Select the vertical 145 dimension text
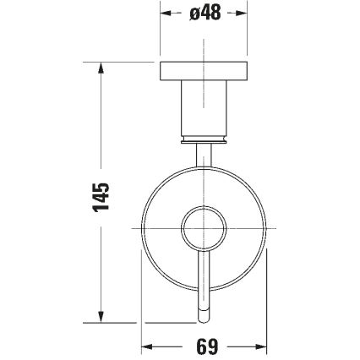click(x=101, y=196)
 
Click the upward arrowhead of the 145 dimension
click(x=101, y=68)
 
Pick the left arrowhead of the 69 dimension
click(x=145, y=346)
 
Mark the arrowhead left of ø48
click(x=165, y=14)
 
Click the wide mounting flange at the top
click(x=204, y=72)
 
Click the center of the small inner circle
click(x=204, y=228)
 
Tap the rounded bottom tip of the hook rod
click(x=204, y=320)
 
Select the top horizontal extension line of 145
click(x=118, y=63)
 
